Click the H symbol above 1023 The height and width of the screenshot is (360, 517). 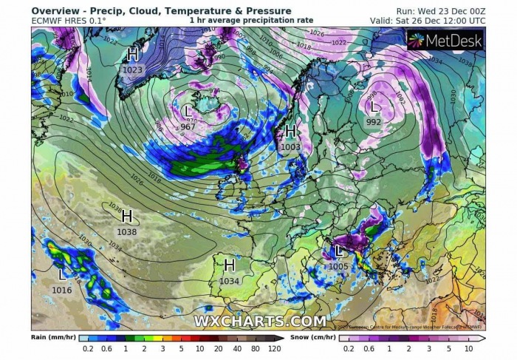pyautogui.click(x=133, y=54)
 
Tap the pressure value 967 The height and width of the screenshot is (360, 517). pyautogui.click(x=188, y=127)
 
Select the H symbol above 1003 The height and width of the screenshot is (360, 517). pyautogui.click(x=290, y=132)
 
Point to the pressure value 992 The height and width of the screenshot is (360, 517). pyautogui.click(x=374, y=123)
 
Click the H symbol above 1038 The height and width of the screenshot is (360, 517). pyautogui.click(x=126, y=217)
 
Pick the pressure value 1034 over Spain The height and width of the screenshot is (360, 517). pyautogui.click(x=230, y=281)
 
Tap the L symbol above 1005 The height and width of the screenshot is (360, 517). pyautogui.click(x=340, y=251)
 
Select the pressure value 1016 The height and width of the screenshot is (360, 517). pyautogui.click(x=62, y=291)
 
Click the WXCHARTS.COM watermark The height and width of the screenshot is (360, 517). pyautogui.click(x=259, y=321)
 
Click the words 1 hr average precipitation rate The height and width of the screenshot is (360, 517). pyautogui.click(x=251, y=21)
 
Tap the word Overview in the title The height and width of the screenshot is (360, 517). pyautogui.click(x=56, y=10)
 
